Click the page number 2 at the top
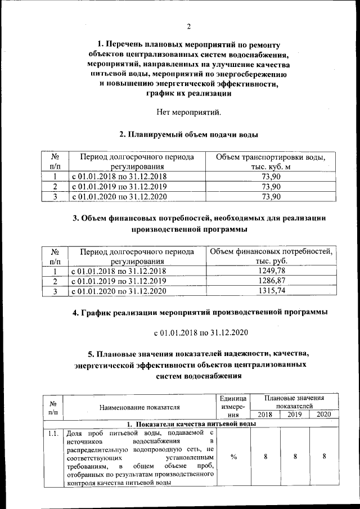pyautogui.click(x=190, y=26)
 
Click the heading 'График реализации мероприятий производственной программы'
pyautogui.click(x=200, y=312)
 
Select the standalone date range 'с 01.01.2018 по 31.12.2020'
pyautogui.click(x=201, y=334)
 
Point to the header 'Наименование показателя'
pyautogui.click(x=139, y=407)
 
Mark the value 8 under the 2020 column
pyautogui.click(x=325, y=457)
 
